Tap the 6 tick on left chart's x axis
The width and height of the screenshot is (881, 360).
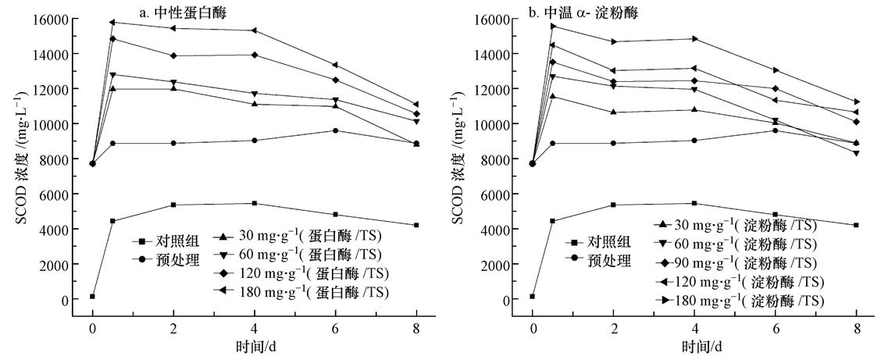click(x=335, y=329)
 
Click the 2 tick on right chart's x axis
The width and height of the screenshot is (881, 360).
click(x=614, y=329)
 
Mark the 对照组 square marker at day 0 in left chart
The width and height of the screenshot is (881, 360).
click(x=92, y=297)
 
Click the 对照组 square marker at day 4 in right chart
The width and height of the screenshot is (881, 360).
click(x=694, y=203)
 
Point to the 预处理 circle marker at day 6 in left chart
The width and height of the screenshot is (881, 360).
click(x=335, y=130)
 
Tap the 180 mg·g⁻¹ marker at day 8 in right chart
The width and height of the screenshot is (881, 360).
click(x=856, y=102)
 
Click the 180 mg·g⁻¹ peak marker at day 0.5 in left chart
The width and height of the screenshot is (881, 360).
click(x=112, y=22)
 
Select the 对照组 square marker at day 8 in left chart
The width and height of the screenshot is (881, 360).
click(x=416, y=225)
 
